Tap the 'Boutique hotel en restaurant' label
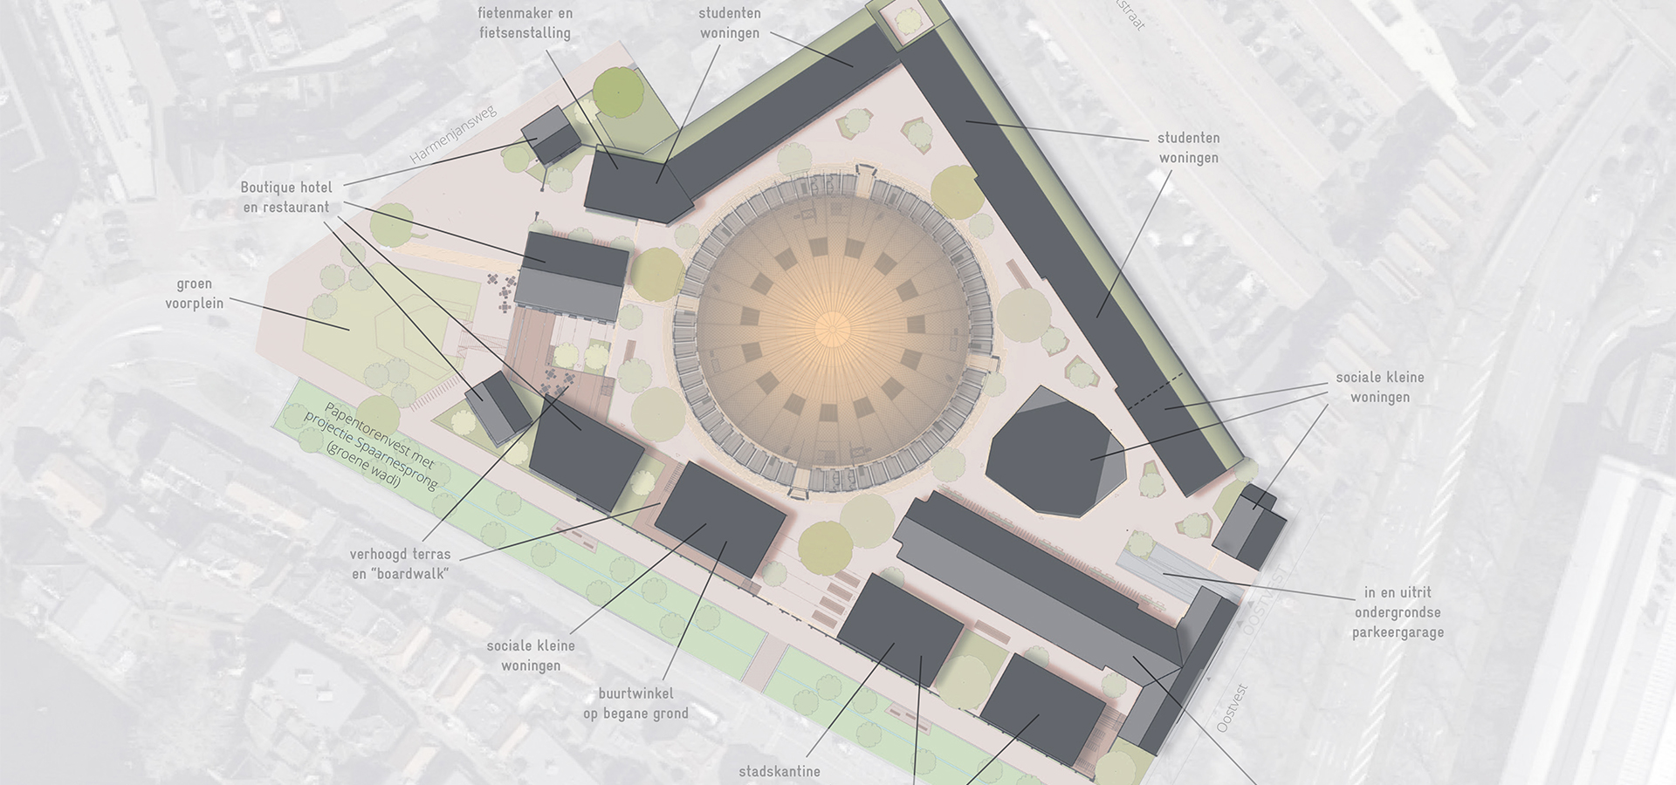286,197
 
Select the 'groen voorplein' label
195,293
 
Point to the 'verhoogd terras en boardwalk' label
401,563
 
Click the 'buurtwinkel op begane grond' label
635,703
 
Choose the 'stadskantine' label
780,771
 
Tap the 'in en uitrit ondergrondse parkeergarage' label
1397,612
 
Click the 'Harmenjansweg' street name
453,135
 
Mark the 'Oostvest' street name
1233,707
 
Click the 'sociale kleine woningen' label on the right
1379,387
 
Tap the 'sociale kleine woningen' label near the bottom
531,655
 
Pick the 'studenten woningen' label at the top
729,24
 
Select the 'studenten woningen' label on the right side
1188,147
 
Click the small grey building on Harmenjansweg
550,136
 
